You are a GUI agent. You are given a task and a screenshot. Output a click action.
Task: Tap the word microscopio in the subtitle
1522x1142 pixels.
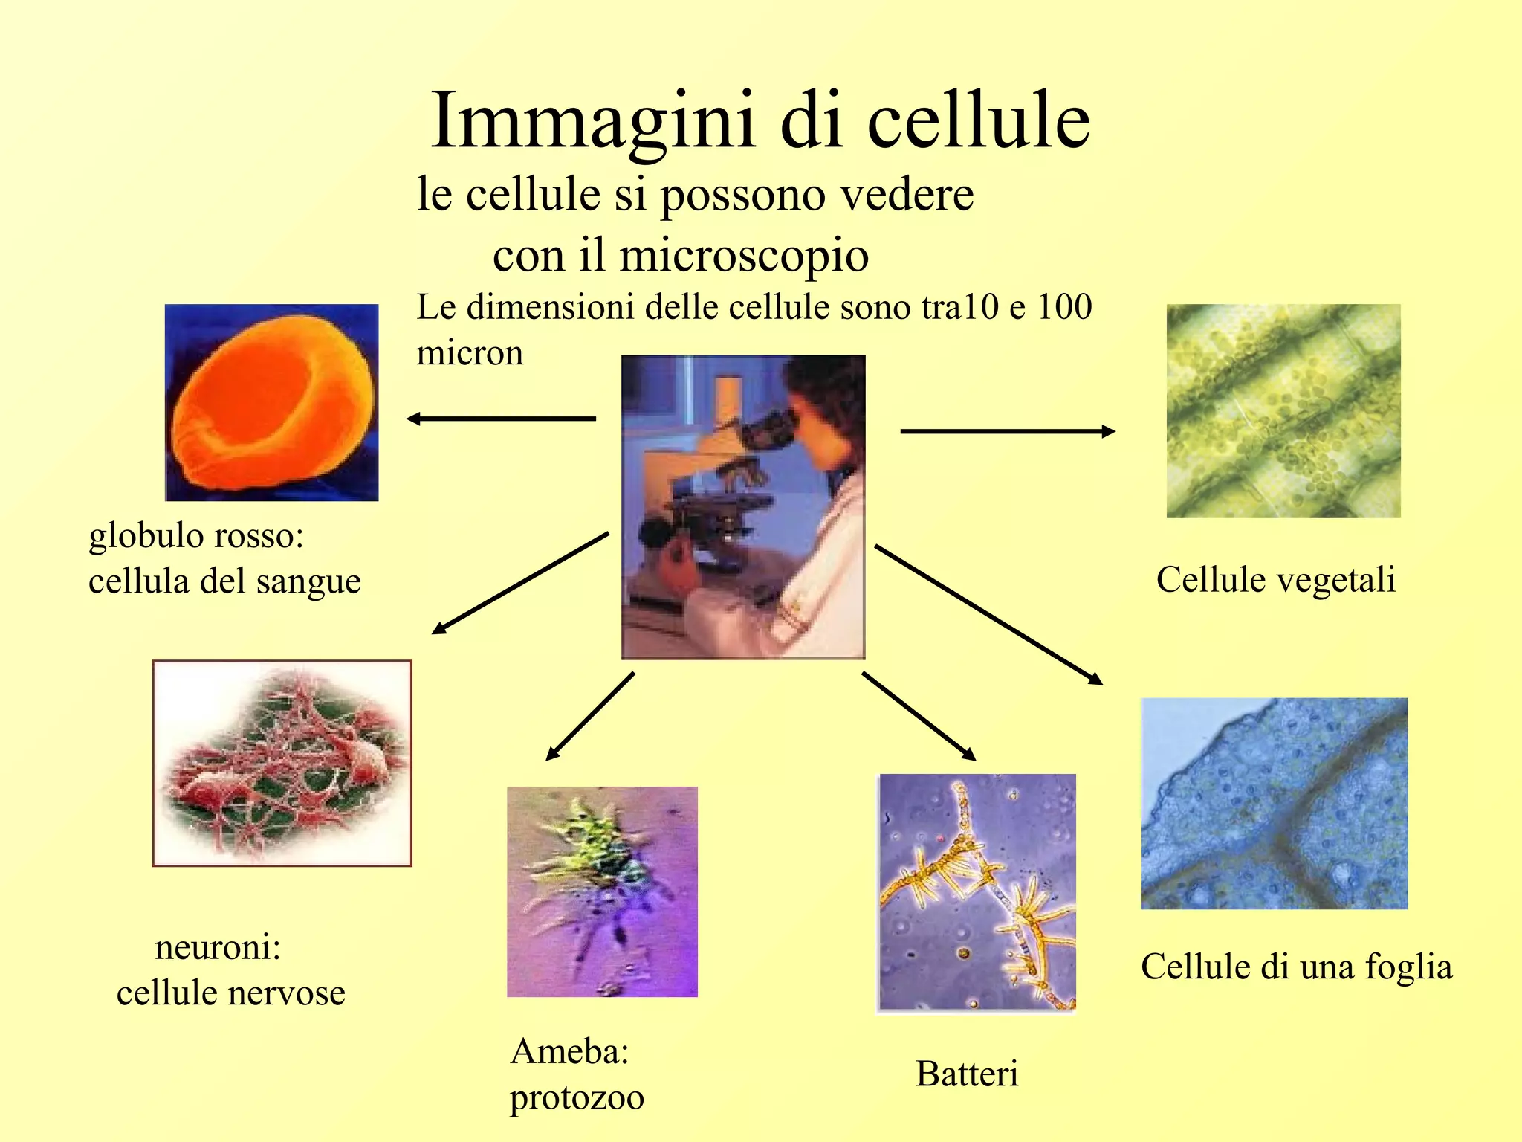743,256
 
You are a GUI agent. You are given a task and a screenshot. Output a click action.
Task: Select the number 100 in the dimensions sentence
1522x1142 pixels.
1064,306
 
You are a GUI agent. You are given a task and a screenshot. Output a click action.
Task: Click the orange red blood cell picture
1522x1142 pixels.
272,402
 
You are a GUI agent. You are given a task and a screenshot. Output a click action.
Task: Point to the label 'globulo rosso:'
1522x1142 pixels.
196,535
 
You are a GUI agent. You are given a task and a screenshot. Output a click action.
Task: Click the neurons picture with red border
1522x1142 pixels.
282,763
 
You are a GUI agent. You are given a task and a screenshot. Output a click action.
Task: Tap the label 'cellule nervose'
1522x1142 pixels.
231,993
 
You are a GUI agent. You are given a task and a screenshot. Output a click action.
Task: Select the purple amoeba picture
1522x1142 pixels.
602,891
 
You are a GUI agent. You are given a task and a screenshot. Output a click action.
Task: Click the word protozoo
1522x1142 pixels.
577,1097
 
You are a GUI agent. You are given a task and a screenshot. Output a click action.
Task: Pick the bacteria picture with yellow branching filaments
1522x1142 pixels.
977,892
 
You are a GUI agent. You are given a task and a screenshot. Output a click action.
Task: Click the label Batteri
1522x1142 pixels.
967,1074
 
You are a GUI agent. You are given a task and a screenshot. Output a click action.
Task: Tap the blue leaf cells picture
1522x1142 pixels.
1274,803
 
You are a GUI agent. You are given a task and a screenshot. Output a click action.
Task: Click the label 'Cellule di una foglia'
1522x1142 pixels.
1296,967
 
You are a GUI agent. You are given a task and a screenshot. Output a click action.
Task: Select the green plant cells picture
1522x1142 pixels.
1283,410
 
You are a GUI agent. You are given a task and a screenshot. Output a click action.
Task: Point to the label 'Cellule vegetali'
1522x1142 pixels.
1276,580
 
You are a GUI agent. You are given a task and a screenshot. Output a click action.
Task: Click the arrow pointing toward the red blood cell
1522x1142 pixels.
502,419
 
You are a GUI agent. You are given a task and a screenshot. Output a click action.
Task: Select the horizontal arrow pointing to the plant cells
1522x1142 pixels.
1007,431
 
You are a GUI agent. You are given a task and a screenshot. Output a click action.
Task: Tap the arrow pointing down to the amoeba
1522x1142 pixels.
590,716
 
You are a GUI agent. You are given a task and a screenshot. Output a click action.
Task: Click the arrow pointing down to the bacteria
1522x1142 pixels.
919,716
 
